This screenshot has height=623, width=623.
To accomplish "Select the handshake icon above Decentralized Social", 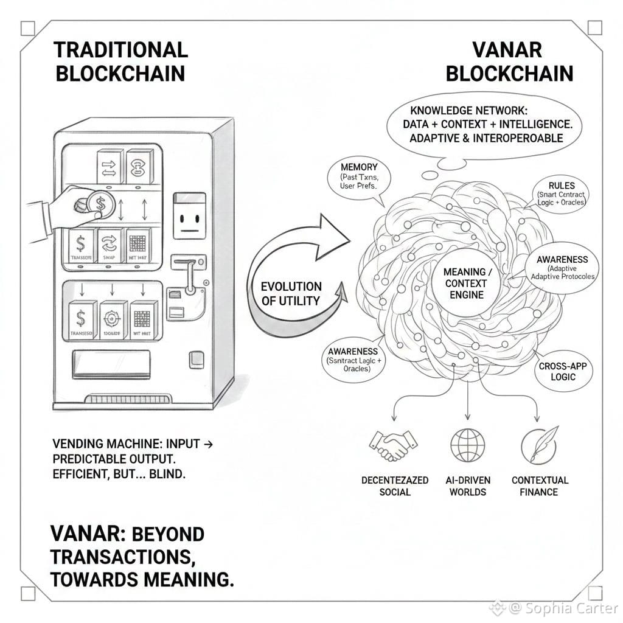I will pyautogui.click(x=393, y=446).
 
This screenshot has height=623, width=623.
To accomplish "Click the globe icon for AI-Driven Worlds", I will pyautogui.click(x=467, y=445).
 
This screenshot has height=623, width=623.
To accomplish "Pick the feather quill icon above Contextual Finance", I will pyautogui.click(x=539, y=445).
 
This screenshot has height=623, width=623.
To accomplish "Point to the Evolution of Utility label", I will pyautogui.click(x=291, y=293).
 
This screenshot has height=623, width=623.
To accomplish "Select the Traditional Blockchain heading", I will pyautogui.click(x=120, y=61).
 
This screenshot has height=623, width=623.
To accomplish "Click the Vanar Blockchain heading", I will pyautogui.click(x=509, y=61).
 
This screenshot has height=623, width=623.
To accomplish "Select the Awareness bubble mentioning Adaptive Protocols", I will pyautogui.click(x=561, y=268).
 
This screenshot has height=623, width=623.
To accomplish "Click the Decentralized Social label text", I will pyautogui.click(x=395, y=486).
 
